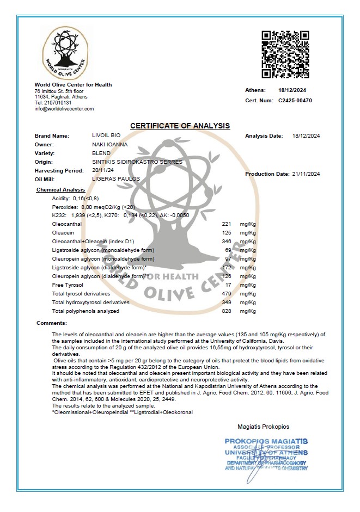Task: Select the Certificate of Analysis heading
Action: click(180, 126)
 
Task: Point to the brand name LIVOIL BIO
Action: click(106, 135)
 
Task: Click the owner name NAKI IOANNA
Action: click(110, 144)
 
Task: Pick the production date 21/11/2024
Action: click(307, 174)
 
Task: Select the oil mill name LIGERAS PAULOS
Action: click(116, 178)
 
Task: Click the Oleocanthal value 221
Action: click(227, 224)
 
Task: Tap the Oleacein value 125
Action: click(227, 233)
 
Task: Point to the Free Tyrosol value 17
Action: click(229, 285)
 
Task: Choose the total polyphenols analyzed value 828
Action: click(227, 311)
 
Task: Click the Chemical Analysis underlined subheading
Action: click(60, 189)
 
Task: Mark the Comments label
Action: click(51, 323)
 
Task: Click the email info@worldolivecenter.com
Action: click(64, 108)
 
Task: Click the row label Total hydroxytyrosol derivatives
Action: click(90, 302)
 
